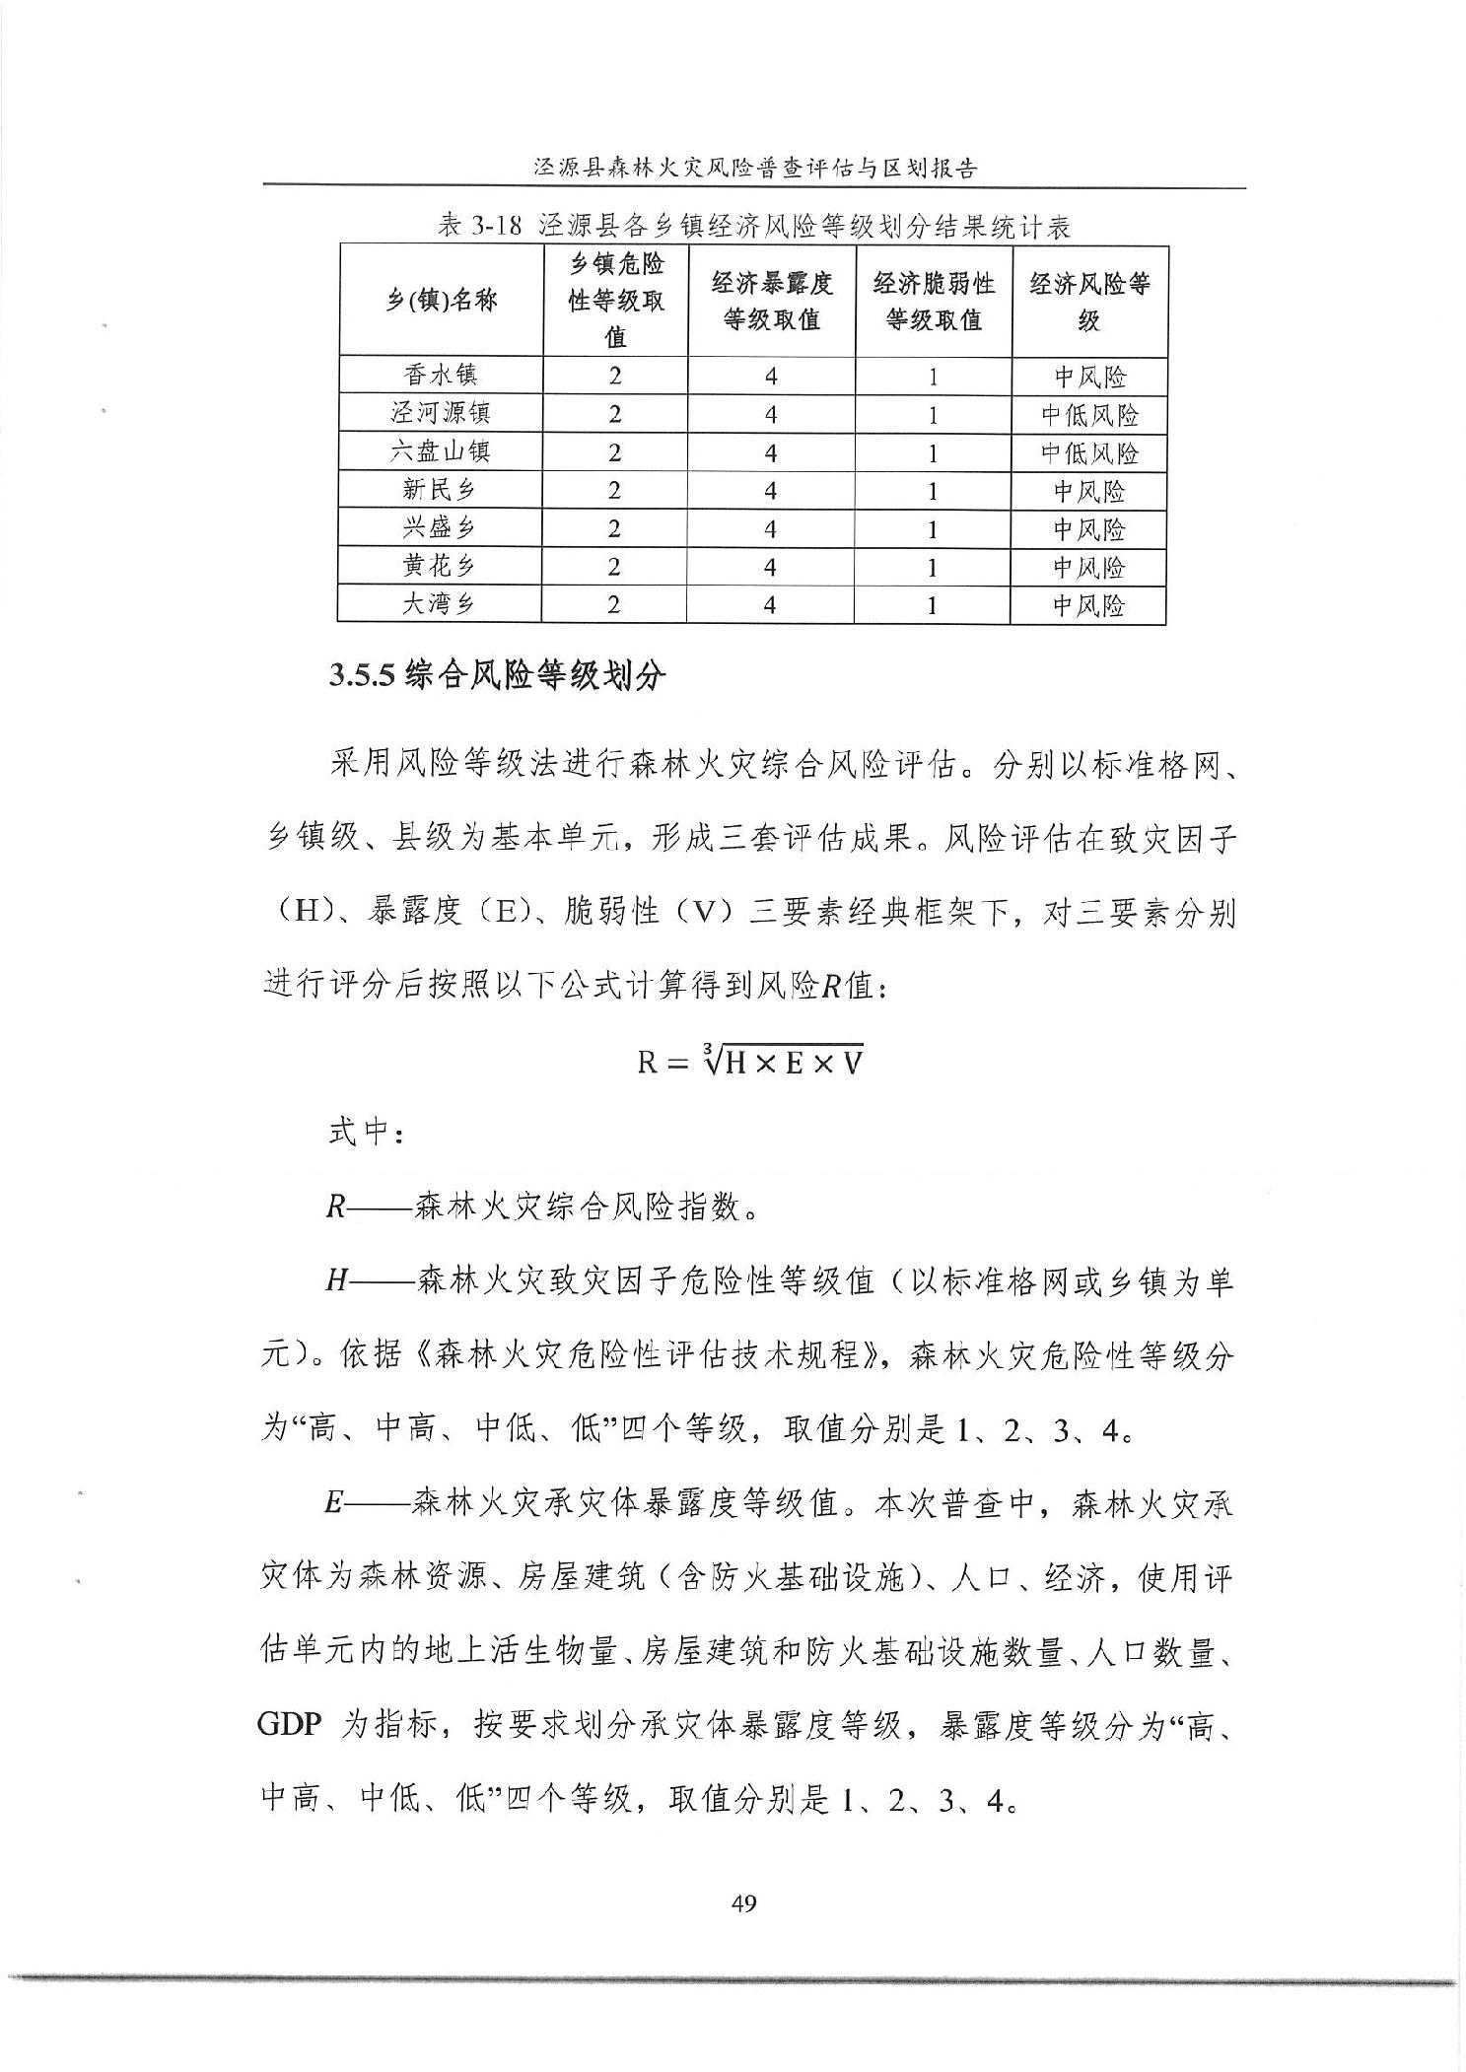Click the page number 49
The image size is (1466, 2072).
(x=744, y=1903)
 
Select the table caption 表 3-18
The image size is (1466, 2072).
(x=754, y=228)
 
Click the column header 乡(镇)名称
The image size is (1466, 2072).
(x=441, y=302)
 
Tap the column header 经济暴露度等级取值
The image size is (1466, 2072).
(x=771, y=302)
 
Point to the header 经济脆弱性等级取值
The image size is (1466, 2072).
(x=933, y=302)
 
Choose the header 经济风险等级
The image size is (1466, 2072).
(x=1089, y=302)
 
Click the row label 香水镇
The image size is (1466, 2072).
(x=441, y=376)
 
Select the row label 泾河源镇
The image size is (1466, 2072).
(x=441, y=414)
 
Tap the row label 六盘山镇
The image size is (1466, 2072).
(x=441, y=451)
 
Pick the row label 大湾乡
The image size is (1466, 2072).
(x=440, y=604)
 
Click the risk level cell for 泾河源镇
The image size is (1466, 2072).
(x=1089, y=415)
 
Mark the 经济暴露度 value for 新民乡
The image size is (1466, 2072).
(x=771, y=491)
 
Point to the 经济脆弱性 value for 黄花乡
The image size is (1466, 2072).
(x=933, y=567)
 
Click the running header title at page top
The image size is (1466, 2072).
(x=754, y=168)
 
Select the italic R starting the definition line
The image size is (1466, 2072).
(x=334, y=1207)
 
